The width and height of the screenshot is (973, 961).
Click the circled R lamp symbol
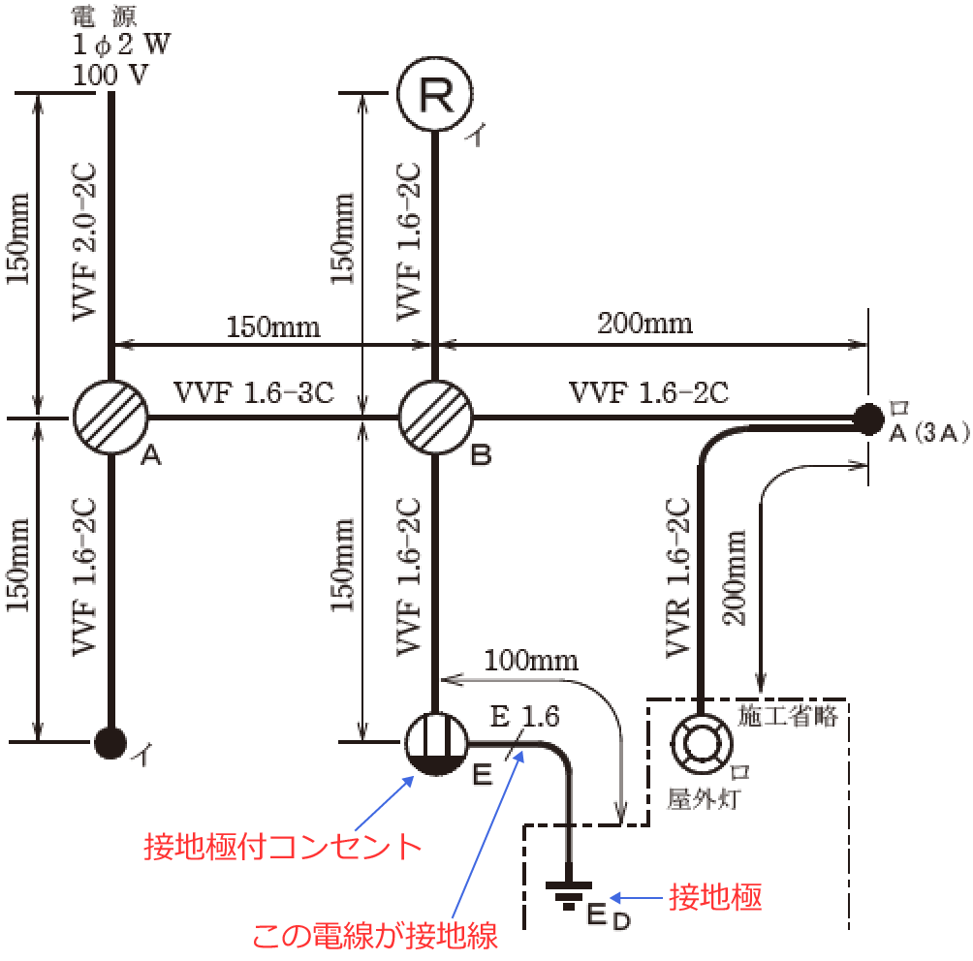[434, 95]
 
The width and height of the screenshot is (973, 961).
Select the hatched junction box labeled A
[110, 418]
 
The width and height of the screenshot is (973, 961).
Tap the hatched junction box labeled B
[434, 418]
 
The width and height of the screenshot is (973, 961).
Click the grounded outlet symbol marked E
[434, 744]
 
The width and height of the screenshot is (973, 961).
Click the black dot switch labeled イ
[110, 742]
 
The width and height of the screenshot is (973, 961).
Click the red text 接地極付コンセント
[282, 846]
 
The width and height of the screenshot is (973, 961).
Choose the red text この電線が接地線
[375, 936]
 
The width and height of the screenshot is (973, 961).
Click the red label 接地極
[715, 898]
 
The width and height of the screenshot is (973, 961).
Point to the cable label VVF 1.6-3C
[254, 392]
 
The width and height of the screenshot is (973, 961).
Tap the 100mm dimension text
[532, 662]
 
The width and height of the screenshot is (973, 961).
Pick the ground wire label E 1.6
[524, 717]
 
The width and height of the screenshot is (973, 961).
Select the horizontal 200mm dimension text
[645, 323]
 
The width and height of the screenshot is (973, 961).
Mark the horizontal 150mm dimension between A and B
[273, 325]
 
